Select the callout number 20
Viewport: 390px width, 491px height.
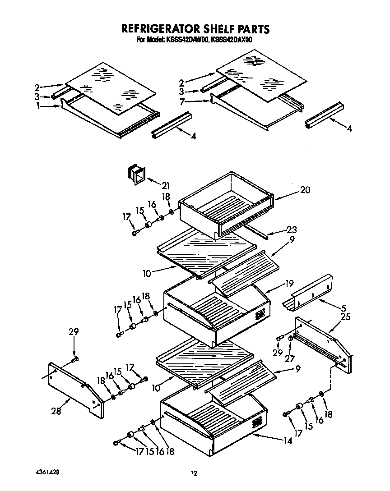(x=305, y=190)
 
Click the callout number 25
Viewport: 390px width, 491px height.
(x=345, y=317)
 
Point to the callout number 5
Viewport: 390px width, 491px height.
(x=344, y=308)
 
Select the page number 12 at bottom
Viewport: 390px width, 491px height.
(x=194, y=473)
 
